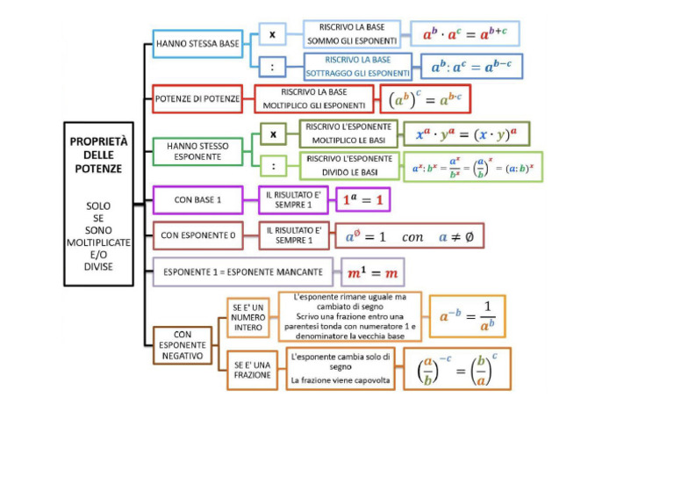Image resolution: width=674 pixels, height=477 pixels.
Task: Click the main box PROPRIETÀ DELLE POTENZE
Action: coord(98,204)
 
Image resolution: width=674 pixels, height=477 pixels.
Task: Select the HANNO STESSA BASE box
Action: coord(197,43)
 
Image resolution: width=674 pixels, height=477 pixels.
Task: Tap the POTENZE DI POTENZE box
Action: coord(197,99)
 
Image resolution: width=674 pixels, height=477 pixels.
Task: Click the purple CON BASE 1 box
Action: coord(197,199)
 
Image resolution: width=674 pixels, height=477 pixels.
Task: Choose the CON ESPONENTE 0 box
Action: coord(197,235)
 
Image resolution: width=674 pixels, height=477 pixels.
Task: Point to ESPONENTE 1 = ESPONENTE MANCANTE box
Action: coord(242,272)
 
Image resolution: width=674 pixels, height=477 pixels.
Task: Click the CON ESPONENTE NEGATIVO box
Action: coord(182,345)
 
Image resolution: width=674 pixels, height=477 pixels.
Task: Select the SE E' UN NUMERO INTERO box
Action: coord(248,317)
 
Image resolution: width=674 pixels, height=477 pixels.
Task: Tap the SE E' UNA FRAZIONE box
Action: coord(252,369)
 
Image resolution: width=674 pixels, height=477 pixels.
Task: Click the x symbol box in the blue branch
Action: coord(272,34)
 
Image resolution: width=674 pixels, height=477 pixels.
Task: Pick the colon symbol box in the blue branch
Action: coord(272,65)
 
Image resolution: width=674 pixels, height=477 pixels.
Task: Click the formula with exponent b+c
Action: coord(464,34)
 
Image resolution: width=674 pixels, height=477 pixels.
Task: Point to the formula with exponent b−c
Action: coord(471,66)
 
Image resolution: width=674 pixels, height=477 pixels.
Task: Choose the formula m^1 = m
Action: coord(373,273)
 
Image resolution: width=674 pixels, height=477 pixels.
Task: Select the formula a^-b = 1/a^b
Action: coord(467,316)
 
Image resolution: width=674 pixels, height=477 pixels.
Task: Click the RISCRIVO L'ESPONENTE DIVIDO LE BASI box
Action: coord(349,166)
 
